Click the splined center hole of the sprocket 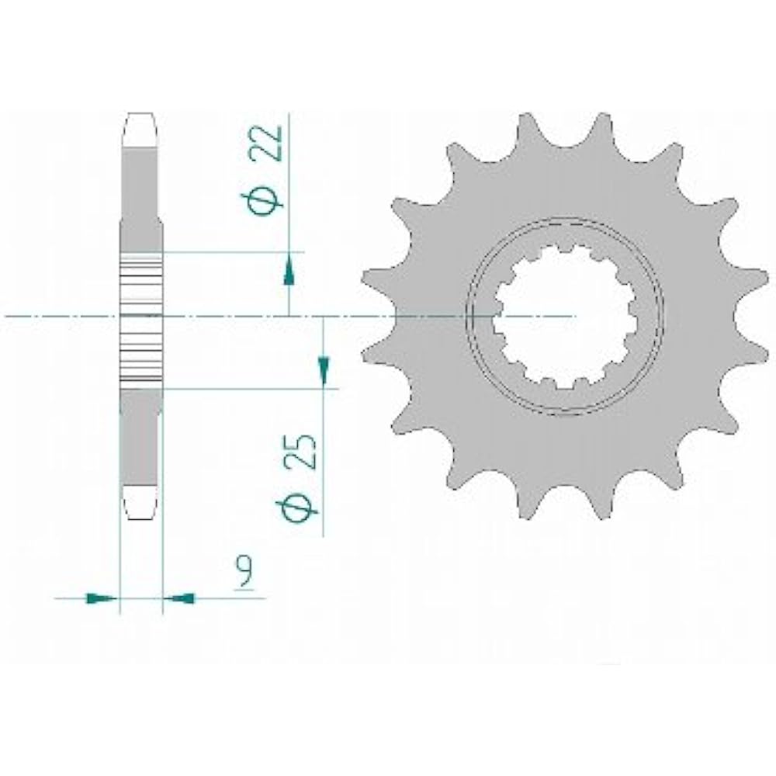coord(565,317)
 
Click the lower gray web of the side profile coord(141,442)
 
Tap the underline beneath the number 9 coord(247,598)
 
